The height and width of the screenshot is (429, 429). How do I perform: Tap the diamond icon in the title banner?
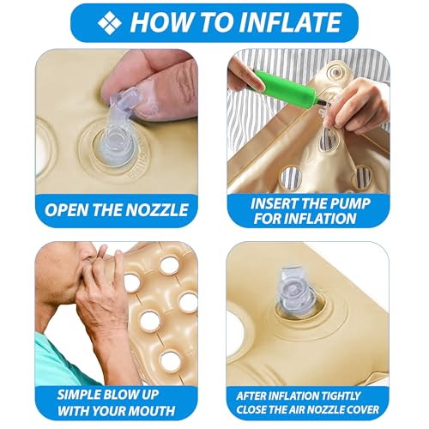click(109, 22)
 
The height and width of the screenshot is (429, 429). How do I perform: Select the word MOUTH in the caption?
click(152, 411)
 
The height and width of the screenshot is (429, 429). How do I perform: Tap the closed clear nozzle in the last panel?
click(299, 291)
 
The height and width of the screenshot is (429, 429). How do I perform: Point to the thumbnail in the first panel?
click(144, 98)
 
